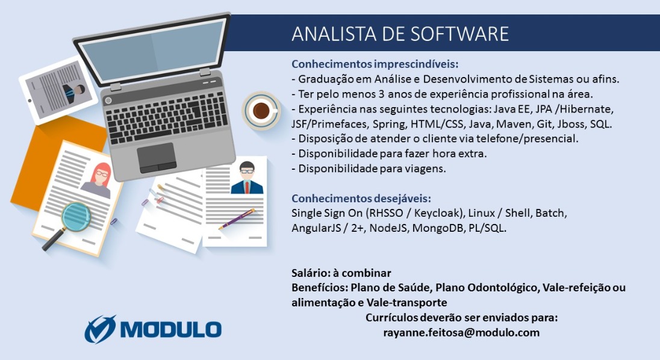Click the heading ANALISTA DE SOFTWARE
point(400,33)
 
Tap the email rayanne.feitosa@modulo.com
point(461,332)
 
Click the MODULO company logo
point(153,329)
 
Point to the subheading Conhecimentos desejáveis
point(361,199)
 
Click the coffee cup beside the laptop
point(261,111)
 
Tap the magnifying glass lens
point(75,213)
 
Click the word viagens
point(427,169)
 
